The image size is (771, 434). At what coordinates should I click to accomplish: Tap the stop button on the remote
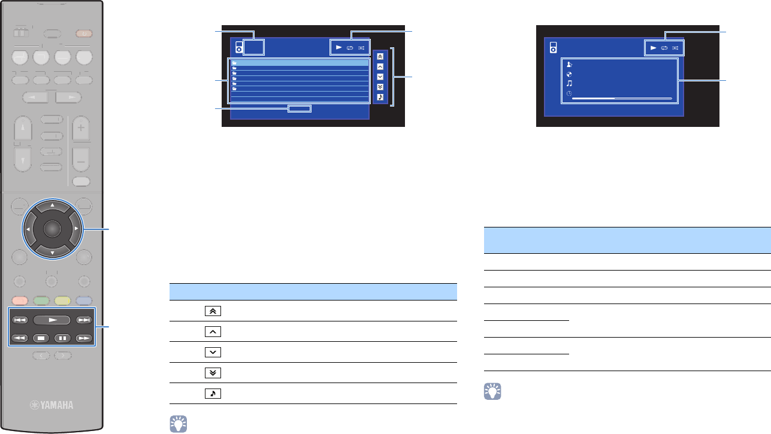coord(40,337)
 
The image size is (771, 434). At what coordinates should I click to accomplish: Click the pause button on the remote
coord(63,337)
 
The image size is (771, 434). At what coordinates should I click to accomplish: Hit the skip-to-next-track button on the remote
coord(84,320)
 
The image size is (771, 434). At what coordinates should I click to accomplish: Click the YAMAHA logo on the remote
coord(52,405)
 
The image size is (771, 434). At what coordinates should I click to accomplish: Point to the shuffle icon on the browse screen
coord(362,47)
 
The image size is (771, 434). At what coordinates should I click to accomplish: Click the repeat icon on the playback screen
coord(664,47)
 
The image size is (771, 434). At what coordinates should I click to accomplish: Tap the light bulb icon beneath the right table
coord(492,392)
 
